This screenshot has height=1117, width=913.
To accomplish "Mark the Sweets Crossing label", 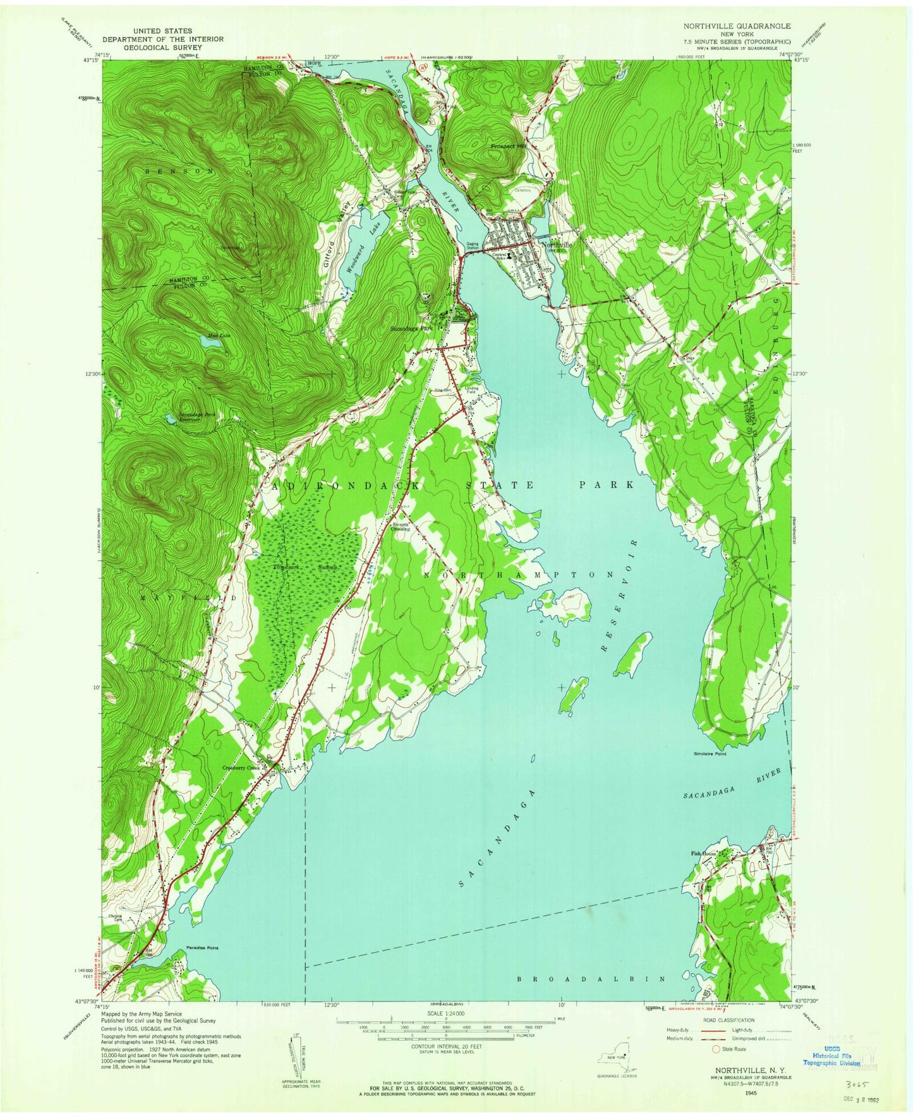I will pyautogui.click(x=402, y=526).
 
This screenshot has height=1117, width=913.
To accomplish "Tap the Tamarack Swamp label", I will pyautogui.click(x=302, y=567).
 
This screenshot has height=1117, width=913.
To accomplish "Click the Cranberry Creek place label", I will pyautogui.click(x=245, y=768).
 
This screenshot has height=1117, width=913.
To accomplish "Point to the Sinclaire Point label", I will pyautogui.click(x=709, y=754).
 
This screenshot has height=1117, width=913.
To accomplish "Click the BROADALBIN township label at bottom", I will pyautogui.click(x=591, y=979).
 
